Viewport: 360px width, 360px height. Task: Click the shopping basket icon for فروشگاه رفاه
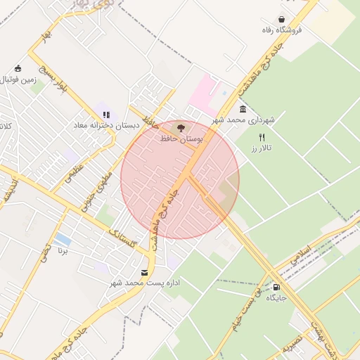coord(282,20)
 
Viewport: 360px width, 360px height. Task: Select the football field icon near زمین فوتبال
coord(18,69)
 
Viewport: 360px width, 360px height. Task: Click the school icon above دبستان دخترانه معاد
coord(106,115)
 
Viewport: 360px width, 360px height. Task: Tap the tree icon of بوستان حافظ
coord(181,129)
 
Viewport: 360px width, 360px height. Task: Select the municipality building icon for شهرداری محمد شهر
coord(243,109)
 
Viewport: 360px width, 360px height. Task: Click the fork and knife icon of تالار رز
coord(262,137)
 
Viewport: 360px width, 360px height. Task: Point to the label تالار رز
coord(262,148)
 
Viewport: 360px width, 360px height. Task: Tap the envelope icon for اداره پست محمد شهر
coord(145,272)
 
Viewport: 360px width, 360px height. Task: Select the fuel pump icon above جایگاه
coord(276,287)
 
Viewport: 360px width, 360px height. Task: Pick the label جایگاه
coord(276,298)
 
